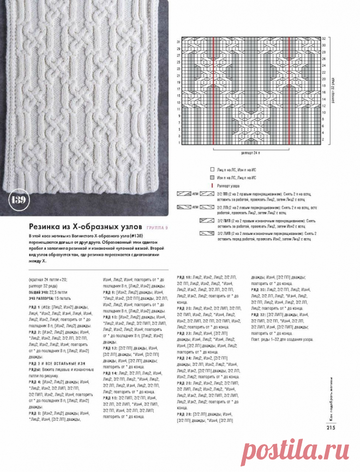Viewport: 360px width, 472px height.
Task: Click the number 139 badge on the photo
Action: click(x=17, y=199)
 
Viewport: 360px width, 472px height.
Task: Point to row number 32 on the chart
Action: click(x=324, y=39)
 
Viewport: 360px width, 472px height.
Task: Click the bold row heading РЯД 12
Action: click(x=111, y=348)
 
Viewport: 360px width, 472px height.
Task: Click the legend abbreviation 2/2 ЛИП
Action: click(x=225, y=234)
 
